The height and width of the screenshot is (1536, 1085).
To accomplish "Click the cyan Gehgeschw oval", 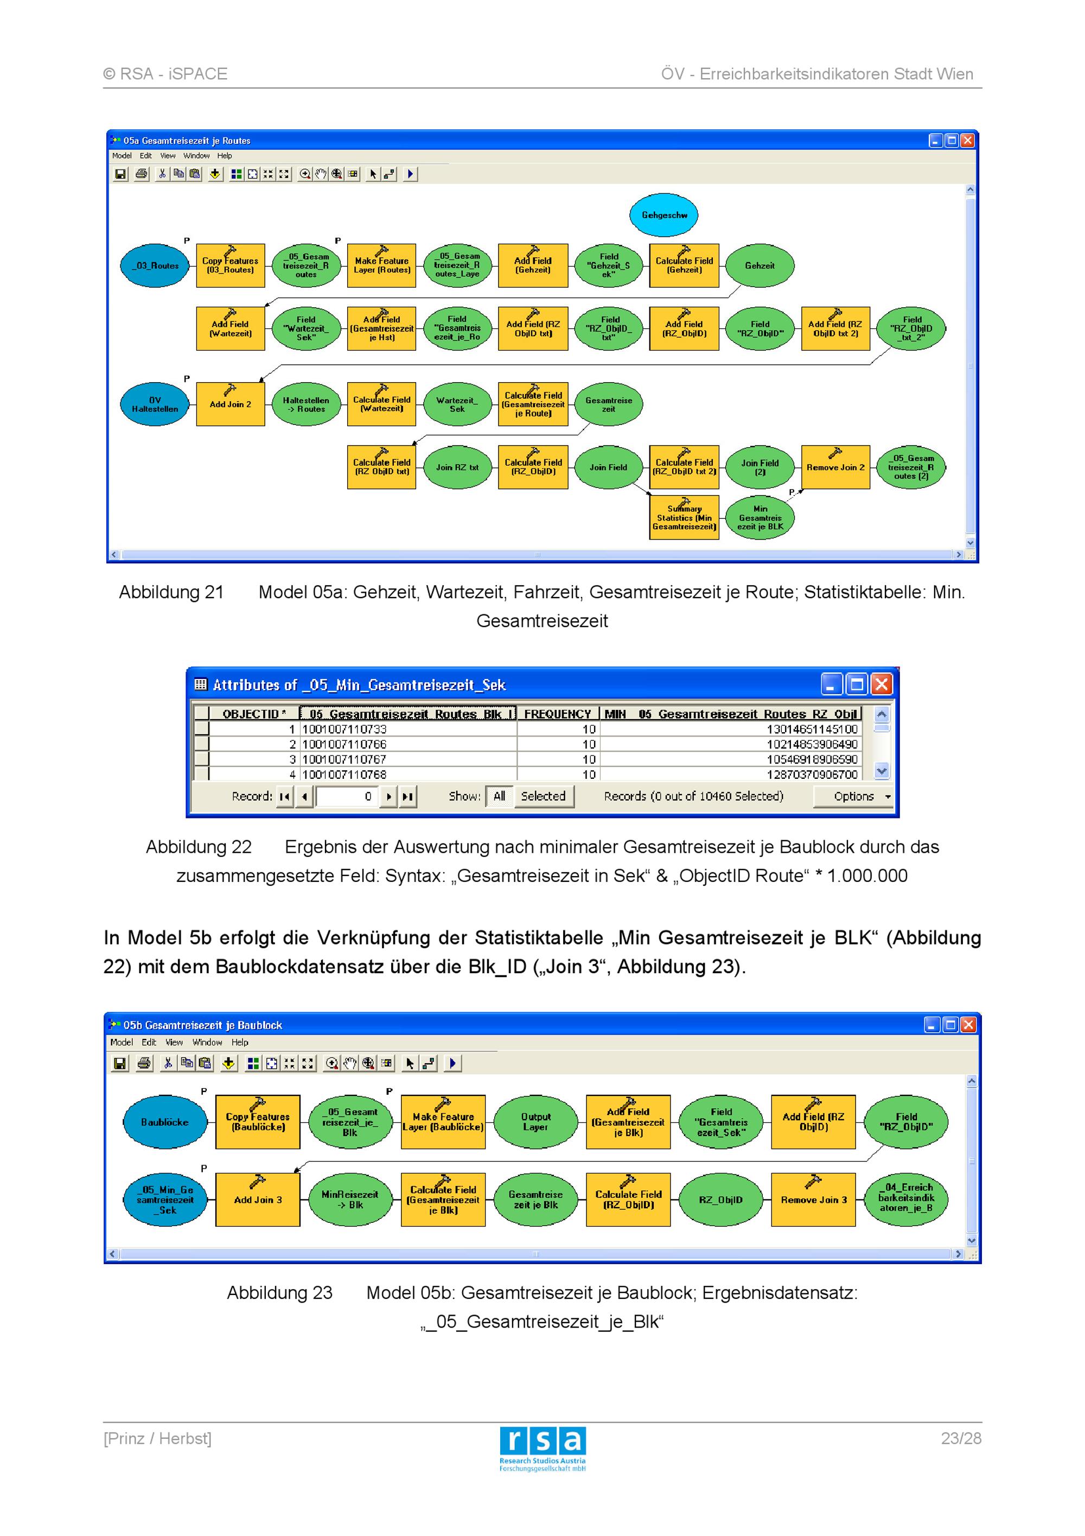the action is click(664, 215).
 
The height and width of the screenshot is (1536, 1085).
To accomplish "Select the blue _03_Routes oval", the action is click(155, 265).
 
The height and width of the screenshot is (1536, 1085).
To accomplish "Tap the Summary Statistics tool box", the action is click(684, 517).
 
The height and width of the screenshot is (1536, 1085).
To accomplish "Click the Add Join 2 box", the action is click(231, 404).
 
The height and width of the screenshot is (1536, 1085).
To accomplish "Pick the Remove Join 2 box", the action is click(835, 467).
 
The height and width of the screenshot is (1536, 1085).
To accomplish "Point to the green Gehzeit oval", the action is click(760, 265).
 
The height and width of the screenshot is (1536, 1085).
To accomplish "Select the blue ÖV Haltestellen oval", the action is click(155, 404).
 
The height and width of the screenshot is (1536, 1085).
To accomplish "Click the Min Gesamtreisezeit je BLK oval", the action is click(760, 517).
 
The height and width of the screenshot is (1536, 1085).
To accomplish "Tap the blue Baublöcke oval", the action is click(165, 1122).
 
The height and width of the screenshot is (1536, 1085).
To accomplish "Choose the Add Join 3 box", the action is click(258, 1199).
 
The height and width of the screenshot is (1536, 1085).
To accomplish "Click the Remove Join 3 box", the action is click(814, 1199).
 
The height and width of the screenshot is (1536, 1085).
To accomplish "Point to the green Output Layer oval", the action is click(535, 1122).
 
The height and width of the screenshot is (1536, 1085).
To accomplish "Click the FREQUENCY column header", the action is click(558, 714).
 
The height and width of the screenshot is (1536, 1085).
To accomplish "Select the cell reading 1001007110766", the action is click(344, 744).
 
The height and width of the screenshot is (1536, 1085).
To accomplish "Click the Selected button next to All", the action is click(544, 796).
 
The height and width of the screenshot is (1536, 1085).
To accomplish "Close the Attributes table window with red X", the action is click(882, 684).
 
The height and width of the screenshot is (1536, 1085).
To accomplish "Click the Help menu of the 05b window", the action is click(240, 1042).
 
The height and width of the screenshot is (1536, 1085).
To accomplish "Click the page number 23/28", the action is click(961, 1438).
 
